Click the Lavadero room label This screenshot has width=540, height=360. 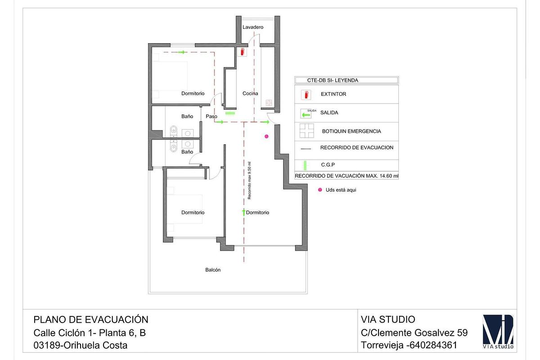tap(252, 27)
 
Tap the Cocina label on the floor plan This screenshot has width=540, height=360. tap(250, 93)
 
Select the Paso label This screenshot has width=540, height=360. tap(211, 116)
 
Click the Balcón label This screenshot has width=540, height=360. tap(212, 270)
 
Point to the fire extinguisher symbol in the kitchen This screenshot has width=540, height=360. tap(242, 52)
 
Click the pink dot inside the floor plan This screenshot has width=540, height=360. tap(266, 136)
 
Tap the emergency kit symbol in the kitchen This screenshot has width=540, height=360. tap(269, 103)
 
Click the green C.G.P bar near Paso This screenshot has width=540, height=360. tap(230, 113)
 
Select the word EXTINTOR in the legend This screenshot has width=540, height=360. tap(333, 94)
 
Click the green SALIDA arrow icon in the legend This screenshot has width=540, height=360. tap(306, 115)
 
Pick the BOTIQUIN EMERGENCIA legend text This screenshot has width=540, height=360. tap(351, 131)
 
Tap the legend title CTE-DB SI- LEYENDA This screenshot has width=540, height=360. tap(333, 80)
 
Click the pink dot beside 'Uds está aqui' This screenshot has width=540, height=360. tap(320, 190)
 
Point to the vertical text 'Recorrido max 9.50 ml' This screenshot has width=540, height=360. tap(249, 180)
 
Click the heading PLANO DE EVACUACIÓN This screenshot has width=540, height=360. tap(91, 319)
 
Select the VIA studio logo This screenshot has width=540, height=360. tap(498, 331)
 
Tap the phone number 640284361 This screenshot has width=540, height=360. tap(433, 345)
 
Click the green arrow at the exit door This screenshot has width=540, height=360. tap(265, 122)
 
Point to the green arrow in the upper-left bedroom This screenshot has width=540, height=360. tap(183, 52)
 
